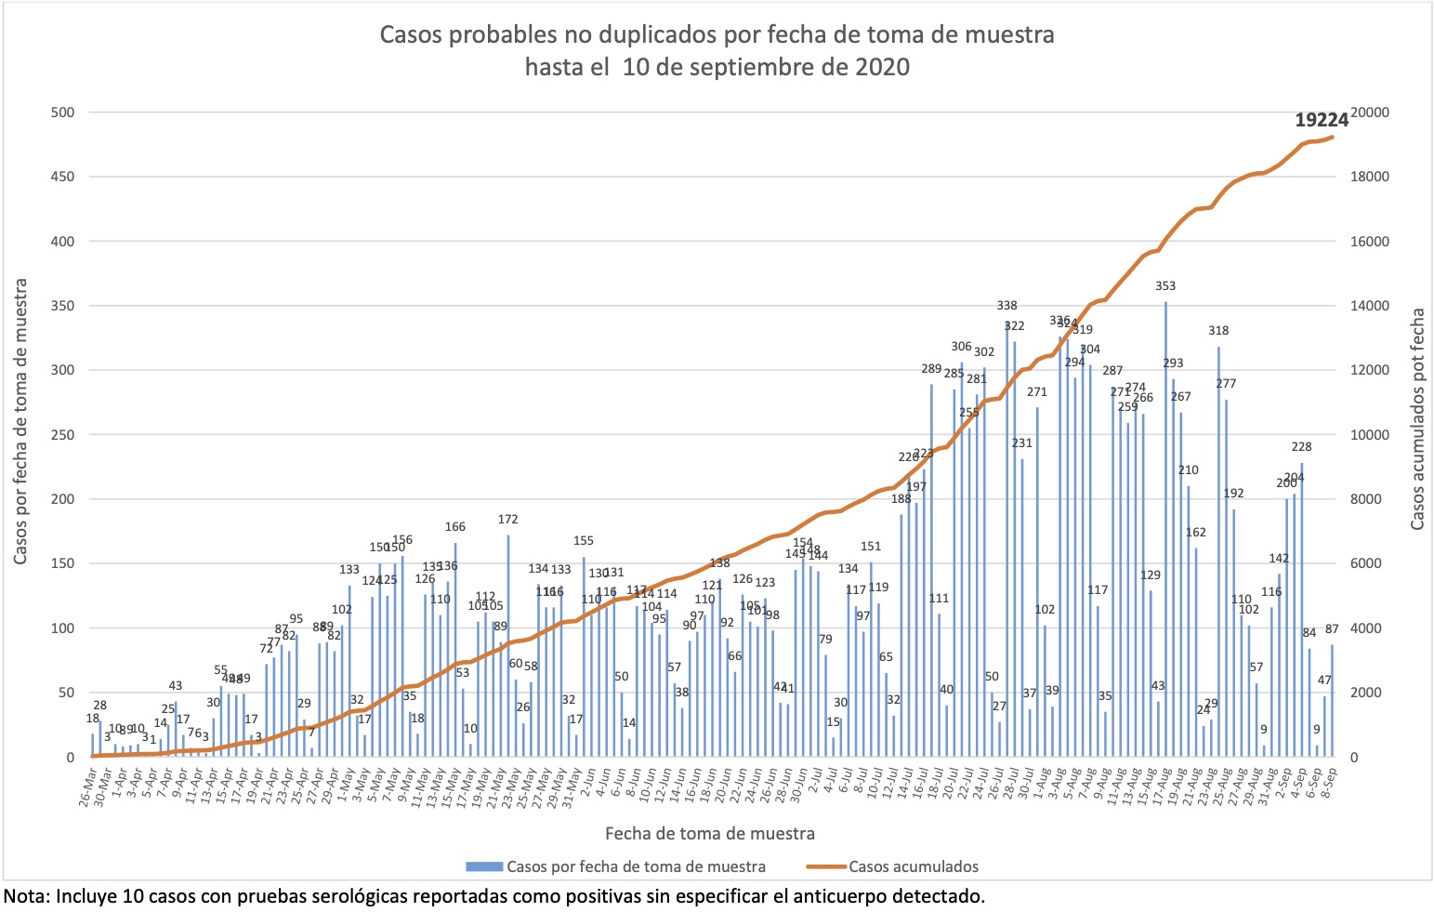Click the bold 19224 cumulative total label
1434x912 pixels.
[x=1322, y=120]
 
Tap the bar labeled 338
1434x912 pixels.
[x=1007, y=539]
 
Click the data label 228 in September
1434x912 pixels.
[x=1301, y=447]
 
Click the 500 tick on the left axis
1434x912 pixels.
[x=63, y=112]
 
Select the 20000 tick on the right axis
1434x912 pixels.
[x=1370, y=112]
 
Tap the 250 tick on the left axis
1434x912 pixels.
[x=63, y=435]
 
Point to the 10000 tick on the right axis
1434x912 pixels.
[x=1370, y=435]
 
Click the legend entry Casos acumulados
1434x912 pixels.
[x=913, y=866]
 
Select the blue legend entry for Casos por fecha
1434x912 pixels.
[x=636, y=866]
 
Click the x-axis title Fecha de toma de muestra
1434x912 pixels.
[x=710, y=833]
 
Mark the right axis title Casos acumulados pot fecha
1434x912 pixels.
[x=1417, y=420]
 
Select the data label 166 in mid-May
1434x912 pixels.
[x=455, y=527]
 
